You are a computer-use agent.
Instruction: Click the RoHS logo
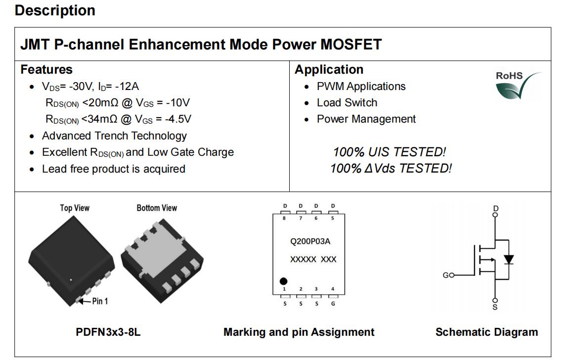pos(518,86)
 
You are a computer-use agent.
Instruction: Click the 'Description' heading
pos(55,10)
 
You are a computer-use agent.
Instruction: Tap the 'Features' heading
pos(46,69)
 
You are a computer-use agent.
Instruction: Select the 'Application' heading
pos(329,69)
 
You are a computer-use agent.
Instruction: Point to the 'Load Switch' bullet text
pos(347,103)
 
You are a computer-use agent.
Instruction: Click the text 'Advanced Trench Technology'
pos(114,135)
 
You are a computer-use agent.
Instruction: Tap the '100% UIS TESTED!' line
pos(390,152)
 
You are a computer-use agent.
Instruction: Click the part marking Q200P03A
pos(310,241)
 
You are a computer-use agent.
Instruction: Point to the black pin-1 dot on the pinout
pos(284,281)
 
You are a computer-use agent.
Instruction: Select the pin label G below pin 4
pos(333,304)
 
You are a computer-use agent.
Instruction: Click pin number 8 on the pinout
pos(284,218)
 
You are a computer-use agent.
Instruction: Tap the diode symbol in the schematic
pos(509,260)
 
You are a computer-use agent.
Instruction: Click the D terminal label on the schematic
pos(496,208)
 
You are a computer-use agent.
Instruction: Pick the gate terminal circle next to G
pos(452,275)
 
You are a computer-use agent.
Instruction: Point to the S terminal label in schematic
pos(495,308)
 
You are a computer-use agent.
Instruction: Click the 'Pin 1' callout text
pos(100,301)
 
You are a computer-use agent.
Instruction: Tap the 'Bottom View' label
pos(157,208)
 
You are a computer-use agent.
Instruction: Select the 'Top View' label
pos(75,208)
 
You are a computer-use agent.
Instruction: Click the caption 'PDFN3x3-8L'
pos(108,332)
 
